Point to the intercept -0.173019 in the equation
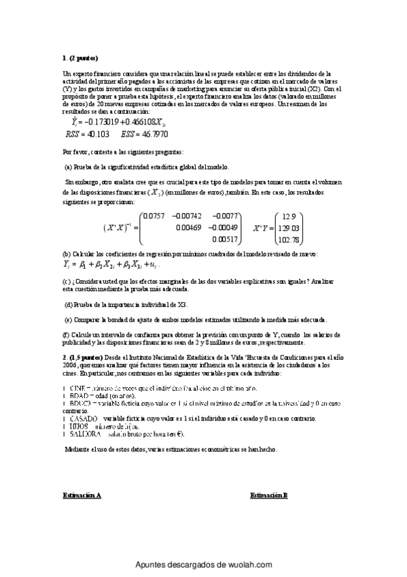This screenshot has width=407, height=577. click(100, 122)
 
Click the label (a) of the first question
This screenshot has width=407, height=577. click(68, 167)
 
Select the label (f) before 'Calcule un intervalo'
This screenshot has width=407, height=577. click(65, 335)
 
